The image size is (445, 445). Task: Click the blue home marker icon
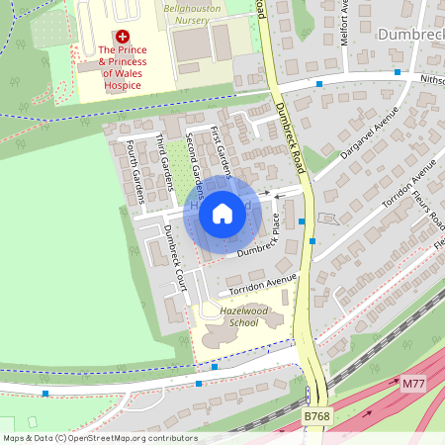(222, 213)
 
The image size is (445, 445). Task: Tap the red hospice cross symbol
(123, 35)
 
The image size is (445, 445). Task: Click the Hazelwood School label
(229, 316)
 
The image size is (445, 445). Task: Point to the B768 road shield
(316, 417)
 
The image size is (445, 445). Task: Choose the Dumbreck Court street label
(175, 253)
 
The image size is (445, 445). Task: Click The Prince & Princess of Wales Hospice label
(122, 67)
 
